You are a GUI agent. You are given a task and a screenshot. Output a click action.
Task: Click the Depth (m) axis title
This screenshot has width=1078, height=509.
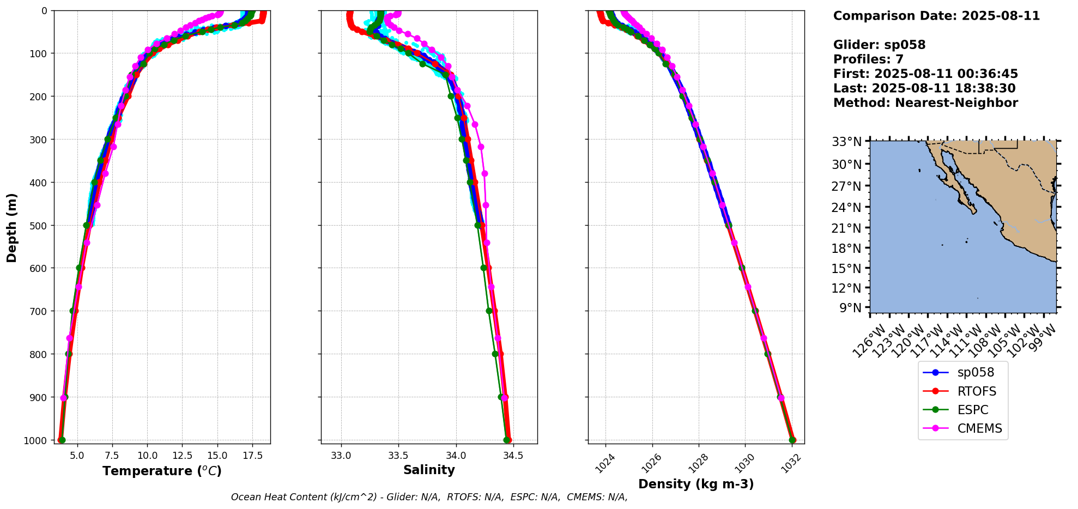(x=12, y=227)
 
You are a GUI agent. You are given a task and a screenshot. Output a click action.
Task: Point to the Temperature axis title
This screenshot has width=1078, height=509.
(x=162, y=471)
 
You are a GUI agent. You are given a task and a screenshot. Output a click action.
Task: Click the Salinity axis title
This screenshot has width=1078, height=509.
(x=429, y=470)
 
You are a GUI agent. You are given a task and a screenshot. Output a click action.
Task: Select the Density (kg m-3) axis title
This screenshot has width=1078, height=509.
(x=696, y=484)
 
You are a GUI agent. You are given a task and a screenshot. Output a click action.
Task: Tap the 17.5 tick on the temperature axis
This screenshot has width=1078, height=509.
(x=252, y=455)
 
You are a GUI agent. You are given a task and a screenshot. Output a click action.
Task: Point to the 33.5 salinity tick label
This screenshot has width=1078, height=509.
(x=398, y=455)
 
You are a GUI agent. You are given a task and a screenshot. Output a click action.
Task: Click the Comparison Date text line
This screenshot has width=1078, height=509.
(x=936, y=16)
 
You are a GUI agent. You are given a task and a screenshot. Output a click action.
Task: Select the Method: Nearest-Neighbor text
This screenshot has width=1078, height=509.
(x=925, y=102)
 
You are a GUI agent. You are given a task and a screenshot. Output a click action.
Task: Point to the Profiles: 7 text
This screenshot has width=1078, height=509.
(x=868, y=59)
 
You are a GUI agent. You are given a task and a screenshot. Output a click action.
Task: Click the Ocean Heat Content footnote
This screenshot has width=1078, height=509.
(x=429, y=497)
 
